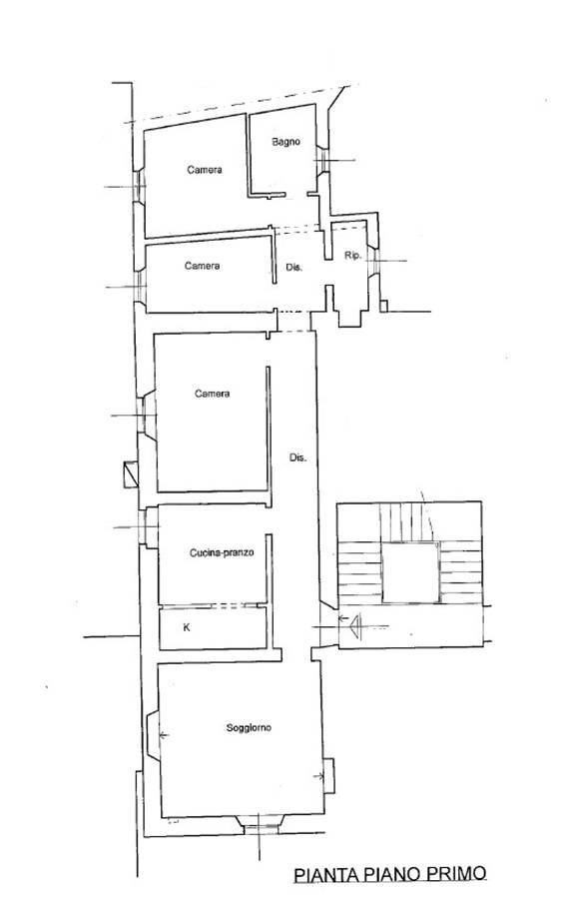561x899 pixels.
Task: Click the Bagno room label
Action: [x=285, y=142]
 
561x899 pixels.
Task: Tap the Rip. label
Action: [x=351, y=256]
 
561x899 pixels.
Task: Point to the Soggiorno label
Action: [x=249, y=728]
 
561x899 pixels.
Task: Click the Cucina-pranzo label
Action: [x=228, y=552]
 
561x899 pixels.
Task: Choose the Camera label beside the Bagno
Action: [x=204, y=170]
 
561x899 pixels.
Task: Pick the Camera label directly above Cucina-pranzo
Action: [x=212, y=394]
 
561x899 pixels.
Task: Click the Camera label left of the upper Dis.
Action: [x=203, y=266]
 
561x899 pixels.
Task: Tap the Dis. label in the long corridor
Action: [x=297, y=458]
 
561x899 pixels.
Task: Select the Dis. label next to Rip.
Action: [x=294, y=268]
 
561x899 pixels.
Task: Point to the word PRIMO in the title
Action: [x=454, y=874]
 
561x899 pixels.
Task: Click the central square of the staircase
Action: [x=410, y=572]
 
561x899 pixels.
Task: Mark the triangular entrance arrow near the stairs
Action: [x=353, y=625]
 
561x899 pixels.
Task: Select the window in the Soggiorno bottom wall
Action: [x=262, y=823]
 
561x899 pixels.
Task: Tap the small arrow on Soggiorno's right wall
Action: [x=320, y=775]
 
